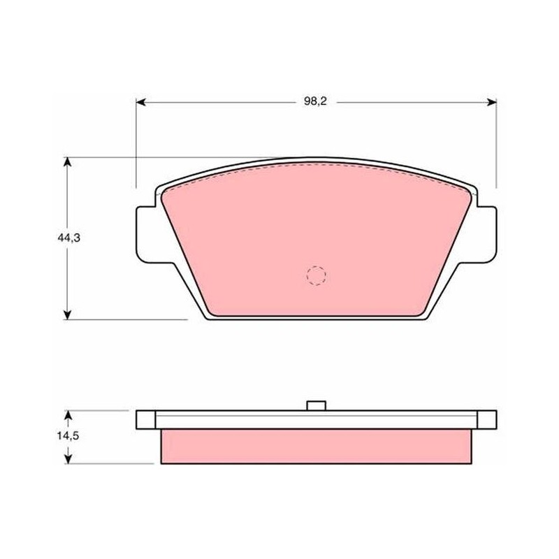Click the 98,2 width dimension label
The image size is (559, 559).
(315, 101)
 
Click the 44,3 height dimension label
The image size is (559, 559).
(68, 238)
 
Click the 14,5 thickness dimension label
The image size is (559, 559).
(68, 435)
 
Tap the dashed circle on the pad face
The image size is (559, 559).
(317, 275)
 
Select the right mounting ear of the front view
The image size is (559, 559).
(485, 235)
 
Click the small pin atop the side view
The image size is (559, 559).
(317, 406)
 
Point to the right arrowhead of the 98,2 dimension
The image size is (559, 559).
(492, 102)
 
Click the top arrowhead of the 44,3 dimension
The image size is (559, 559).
(67, 162)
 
